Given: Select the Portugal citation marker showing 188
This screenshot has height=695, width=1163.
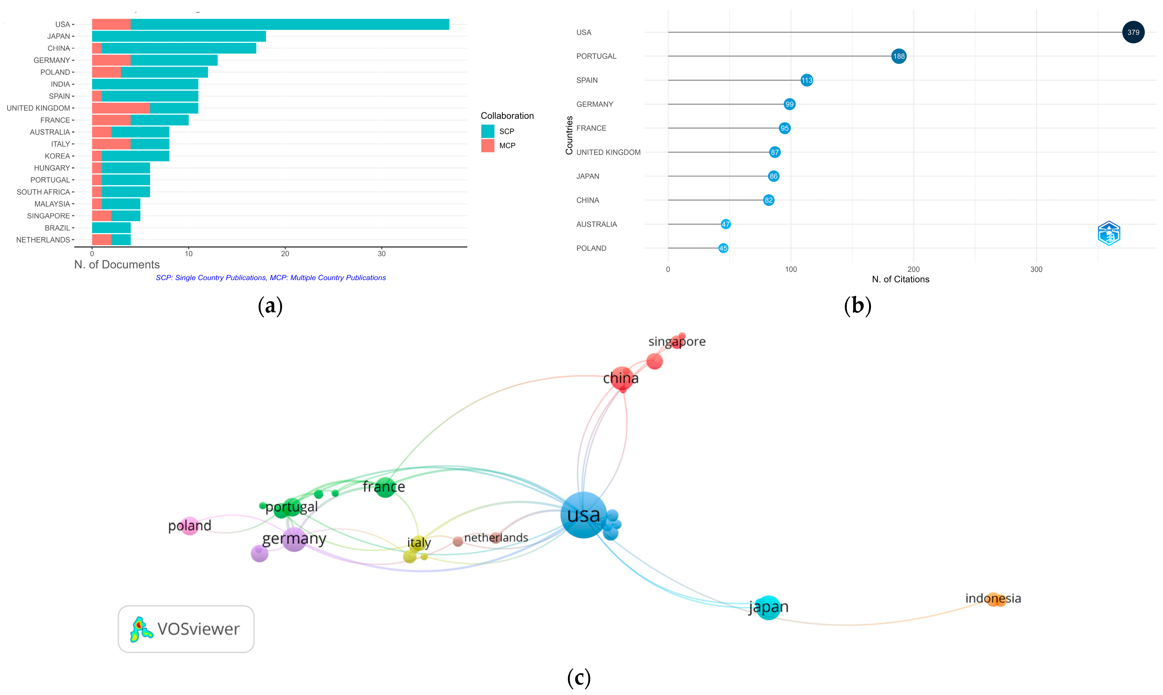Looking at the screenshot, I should (x=898, y=56).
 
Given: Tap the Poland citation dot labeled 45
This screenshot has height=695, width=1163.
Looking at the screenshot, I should (x=723, y=248).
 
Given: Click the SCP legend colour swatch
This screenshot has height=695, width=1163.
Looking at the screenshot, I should (x=487, y=131).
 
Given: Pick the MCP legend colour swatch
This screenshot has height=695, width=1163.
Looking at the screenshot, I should (x=487, y=146).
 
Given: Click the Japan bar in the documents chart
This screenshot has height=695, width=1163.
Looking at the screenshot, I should (x=179, y=36).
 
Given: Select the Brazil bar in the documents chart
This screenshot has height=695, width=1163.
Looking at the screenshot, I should (x=111, y=228).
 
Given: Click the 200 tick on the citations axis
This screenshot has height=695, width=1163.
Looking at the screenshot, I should (x=913, y=269).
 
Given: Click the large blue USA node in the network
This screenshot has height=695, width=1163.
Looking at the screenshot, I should (x=583, y=515).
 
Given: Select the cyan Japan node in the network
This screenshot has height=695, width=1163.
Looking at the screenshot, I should (x=768, y=608).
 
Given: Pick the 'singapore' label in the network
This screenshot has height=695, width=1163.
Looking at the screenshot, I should (x=677, y=341).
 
